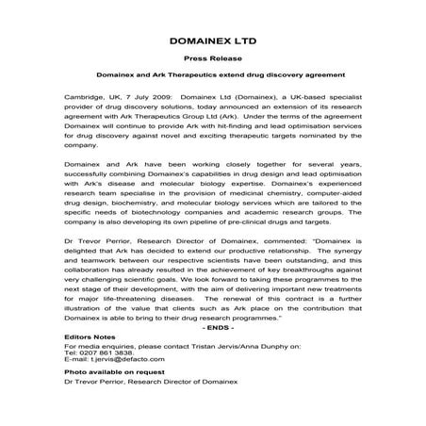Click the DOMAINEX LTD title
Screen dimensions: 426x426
[212, 42]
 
